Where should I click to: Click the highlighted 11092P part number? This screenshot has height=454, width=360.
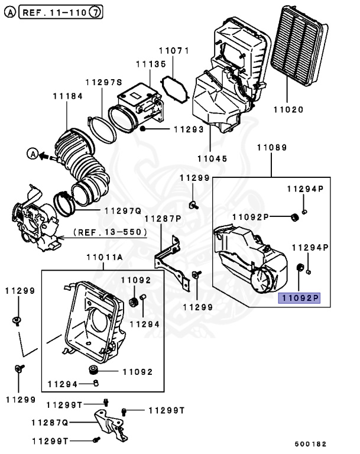[x=299, y=298]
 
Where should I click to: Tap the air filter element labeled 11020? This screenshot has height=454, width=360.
[x=299, y=45]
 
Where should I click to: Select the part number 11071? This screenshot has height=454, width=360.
[x=174, y=51]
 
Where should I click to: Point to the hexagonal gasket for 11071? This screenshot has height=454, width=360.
[x=175, y=90]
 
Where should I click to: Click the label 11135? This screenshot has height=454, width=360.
[x=151, y=64]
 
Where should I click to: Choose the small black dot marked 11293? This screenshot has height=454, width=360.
[x=142, y=128]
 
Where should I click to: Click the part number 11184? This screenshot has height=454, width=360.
[x=68, y=96]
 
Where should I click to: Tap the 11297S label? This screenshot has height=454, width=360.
[x=104, y=83]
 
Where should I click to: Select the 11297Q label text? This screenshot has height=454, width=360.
[x=123, y=211]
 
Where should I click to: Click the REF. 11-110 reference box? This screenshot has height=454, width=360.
[x=60, y=12]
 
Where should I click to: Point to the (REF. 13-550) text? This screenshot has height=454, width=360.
[x=110, y=232]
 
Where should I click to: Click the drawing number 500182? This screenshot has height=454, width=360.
[x=310, y=444]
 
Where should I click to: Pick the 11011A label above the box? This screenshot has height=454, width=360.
[x=105, y=257]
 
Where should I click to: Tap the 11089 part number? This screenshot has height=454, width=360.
[x=272, y=148]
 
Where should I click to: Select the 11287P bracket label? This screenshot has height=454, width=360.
[x=163, y=219]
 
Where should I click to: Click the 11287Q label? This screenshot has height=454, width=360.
[x=50, y=423]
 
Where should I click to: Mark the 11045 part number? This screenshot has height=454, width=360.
[x=212, y=158]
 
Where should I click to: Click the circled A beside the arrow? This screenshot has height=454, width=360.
[x=33, y=154]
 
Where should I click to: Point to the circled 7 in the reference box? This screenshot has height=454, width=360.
[x=95, y=12]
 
